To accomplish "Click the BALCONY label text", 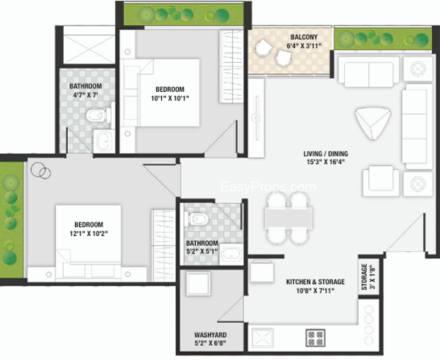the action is click(x=304, y=37).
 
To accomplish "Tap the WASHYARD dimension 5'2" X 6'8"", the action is click(x=211, y=343).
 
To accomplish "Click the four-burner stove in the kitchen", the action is click(x=315, y=337).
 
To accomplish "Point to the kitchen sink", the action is click(x=262, y=337).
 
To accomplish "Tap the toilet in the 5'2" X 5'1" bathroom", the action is click(x=196, y=219).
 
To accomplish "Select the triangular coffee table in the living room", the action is click(x=373, y=123).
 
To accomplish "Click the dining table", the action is click(x=288, y=218).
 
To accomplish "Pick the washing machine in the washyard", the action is click(x=199, y=283).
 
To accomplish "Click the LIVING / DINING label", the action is click(x=326, y=154).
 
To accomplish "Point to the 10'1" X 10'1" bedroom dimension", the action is click(x=170, y=98).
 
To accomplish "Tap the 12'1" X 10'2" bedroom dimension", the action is click(x=89, y=234).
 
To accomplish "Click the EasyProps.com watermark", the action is click(x=268, y=187).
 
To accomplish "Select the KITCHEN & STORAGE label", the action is click(x=315, y=282).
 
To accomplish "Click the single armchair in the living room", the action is click(x=381, y=180).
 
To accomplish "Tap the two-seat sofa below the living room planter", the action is click(x=369, y=71).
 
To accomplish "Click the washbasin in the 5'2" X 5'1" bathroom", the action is click(x=231, y=254).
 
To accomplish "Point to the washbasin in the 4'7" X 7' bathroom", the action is click(x=104, y=141).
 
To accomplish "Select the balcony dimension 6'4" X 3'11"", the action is click(x=304, y=46).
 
